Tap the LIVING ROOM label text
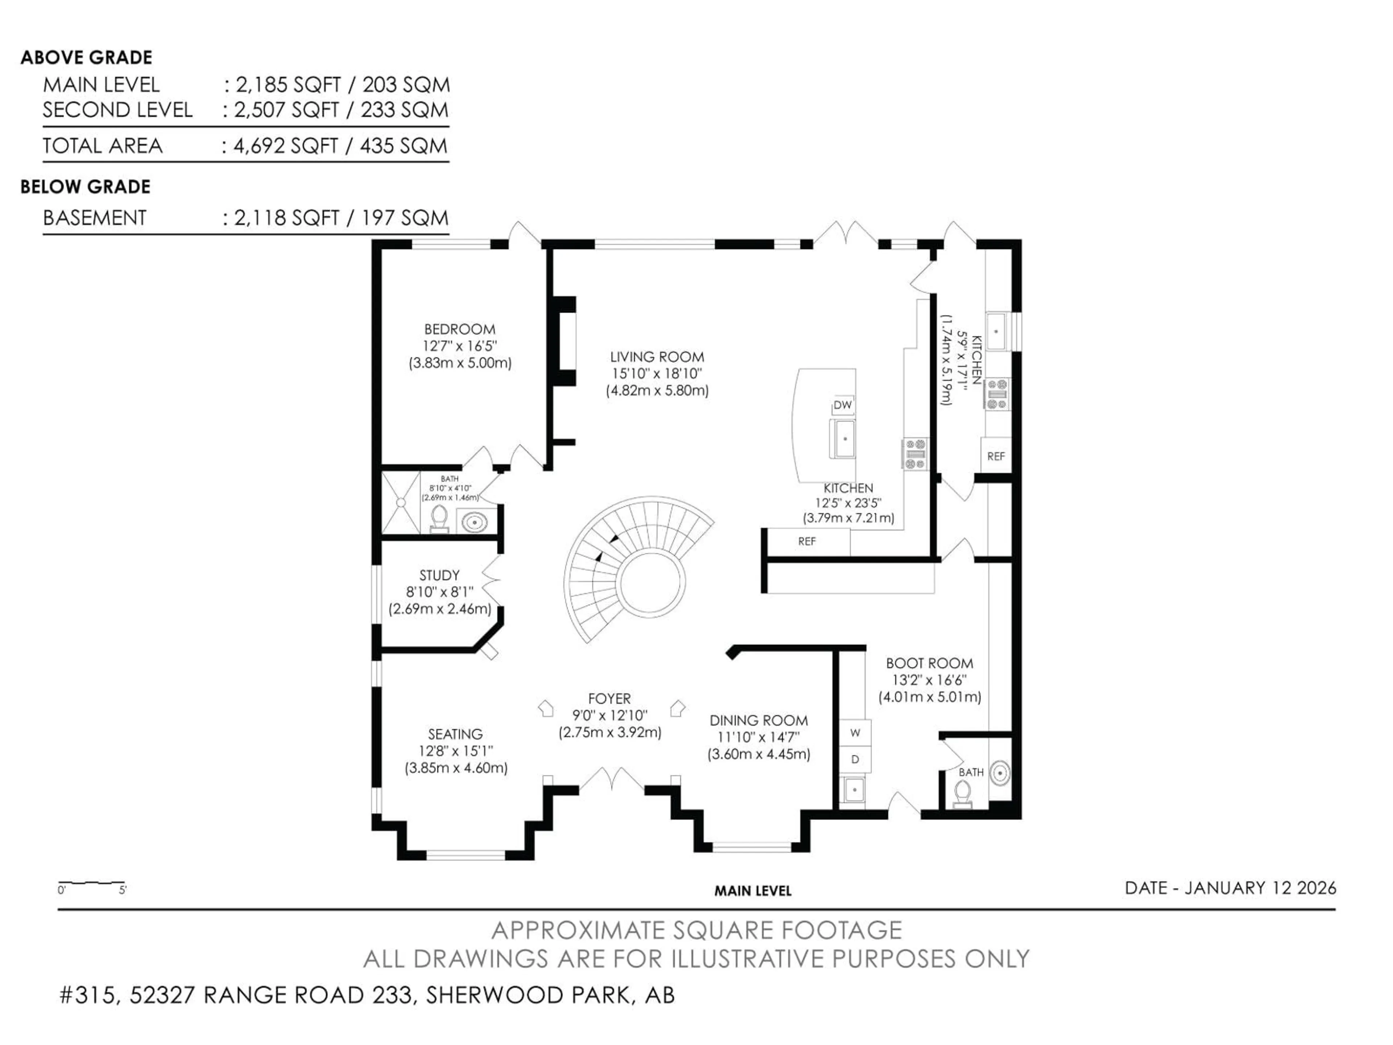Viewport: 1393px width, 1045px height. coord(657,357)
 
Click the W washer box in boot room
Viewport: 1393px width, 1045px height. coord(855,733)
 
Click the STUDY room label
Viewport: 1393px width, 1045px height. coord(440,575)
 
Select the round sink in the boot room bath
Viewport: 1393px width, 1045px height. coord(999,773)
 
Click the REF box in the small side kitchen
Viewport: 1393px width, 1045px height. coord(996,456)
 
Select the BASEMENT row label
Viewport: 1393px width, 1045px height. coord(94,218)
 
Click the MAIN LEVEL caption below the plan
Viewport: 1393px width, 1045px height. coord(753,891)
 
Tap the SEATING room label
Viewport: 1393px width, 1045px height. coord(455,734)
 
